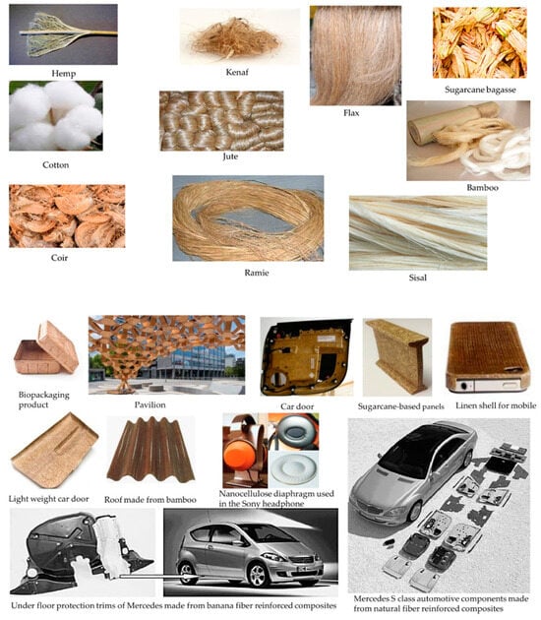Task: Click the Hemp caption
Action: tap(64, 73)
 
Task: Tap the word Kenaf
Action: tap(237, 72)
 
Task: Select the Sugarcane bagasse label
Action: tap(480, 90)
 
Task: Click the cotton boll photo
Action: tap(56, 116)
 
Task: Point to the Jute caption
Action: tap(230, 156)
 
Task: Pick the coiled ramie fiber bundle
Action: tap(248, 218)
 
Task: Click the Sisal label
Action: tap(418, 278)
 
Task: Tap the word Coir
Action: tap(59, 258)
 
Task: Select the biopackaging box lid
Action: tap(58, 346)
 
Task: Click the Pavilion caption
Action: tap(150, 404)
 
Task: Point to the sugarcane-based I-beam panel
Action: tap(396, 356)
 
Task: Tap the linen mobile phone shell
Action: tap(488, 357)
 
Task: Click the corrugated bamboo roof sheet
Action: tap(150, 451)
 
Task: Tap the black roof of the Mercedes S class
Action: tap(420, 447)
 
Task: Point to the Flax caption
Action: tap(351, 113)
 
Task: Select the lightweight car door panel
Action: tap(55, 451)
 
